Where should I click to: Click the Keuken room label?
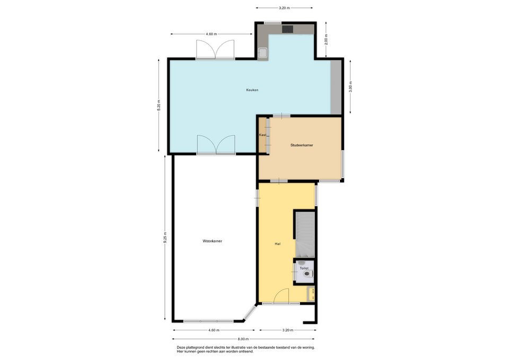[x=252, y=90]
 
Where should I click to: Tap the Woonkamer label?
[x=212, y=241]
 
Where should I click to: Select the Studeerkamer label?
[x=302, y=145]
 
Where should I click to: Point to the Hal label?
[x=277, y=244]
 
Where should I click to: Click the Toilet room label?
[x=304, y=268]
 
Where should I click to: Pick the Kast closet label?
[x=262, y=135]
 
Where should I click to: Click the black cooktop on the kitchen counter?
[x=287, y=29]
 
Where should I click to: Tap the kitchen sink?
[x=262, y=52]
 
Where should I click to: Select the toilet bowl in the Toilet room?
[x=308, y=274]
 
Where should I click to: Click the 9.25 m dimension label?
[x=165, y=238]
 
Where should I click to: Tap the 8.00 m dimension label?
[x=243, y=339]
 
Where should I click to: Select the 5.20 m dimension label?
[x=159, y=106]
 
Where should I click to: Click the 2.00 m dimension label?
[x=326, y=40]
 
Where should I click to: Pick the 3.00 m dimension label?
[x=350, y=86]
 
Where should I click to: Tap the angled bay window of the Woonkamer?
[x=249, y=313]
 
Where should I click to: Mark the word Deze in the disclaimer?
[x=180, y=347]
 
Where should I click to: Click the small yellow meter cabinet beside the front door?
[x=311, y=294]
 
